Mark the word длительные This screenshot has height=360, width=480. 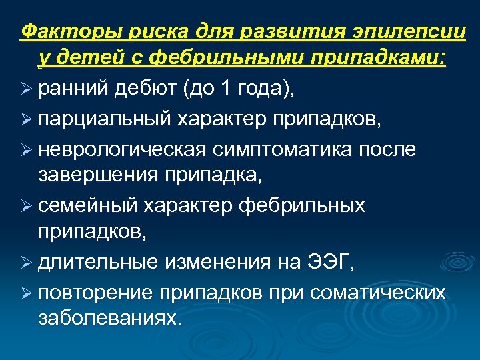point(100,264)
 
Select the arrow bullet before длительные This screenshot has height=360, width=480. point(27,265)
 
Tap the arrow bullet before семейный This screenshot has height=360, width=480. point(27,206)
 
